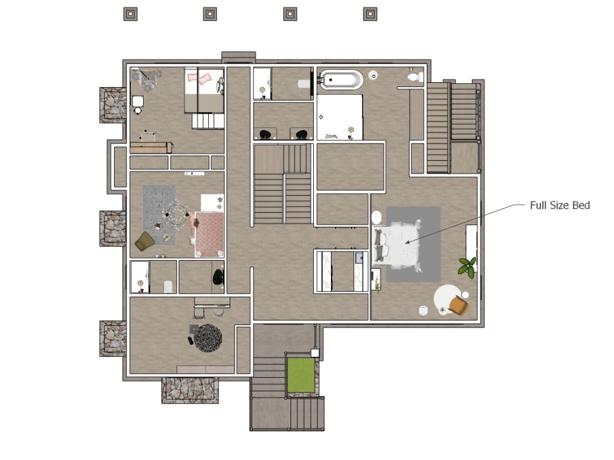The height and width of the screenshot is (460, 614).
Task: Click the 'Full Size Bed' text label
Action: tap(559, 205)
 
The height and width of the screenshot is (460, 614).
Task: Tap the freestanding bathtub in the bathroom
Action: tap(341, 79)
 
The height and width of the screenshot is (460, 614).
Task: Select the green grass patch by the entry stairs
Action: tap(301, 375)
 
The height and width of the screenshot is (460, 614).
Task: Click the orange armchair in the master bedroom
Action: tap(458, 305)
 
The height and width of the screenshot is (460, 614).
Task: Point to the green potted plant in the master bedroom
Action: tap(467, 267)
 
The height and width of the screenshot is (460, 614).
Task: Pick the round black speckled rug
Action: tap(208, 337)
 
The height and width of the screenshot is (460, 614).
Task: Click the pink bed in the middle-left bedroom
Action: tap(209, 234)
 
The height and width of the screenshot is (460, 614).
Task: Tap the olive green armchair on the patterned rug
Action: tap(144, 241)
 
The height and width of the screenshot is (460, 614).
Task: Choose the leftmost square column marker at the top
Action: tap(130, 14)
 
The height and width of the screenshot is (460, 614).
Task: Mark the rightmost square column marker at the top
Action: tap(370, 14)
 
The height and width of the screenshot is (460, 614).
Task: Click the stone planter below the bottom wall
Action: tap(190, 390)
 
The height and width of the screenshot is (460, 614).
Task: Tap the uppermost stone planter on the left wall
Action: tap(113, 105)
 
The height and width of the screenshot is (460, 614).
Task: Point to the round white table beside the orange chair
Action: tap(446, 299)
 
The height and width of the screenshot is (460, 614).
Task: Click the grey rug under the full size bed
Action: tap(413, 244)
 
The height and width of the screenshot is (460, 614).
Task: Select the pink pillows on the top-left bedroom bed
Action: tap(200, 79)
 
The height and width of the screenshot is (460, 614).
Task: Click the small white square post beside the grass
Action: tap(315, 353)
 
